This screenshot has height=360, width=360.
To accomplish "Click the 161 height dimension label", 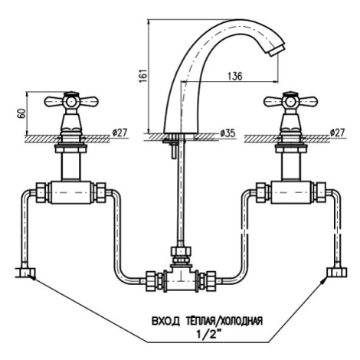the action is (x=144, y=75).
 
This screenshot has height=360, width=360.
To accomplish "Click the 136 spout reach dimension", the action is (x=234, y=76).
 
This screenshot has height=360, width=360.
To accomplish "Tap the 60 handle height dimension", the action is (x=21, y=113).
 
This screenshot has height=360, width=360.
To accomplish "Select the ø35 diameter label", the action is (x=227, y=133).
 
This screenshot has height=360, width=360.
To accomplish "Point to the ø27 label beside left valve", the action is (x=119, y=133).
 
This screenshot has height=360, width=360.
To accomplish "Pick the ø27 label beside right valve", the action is (x=337, y=133).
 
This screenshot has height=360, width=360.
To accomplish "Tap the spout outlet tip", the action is (x=277, y=51).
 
